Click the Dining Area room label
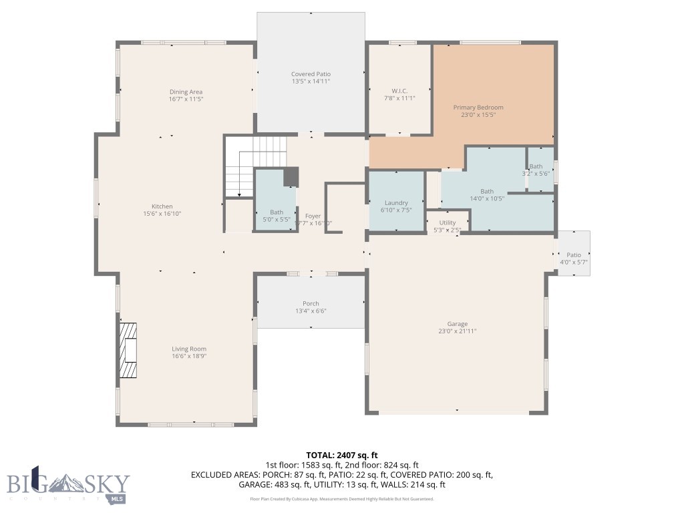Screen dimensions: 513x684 (x=186, y=92)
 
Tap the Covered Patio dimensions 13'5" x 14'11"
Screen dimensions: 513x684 (x=311, y=81)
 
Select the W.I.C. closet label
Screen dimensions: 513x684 (x=399, y=91)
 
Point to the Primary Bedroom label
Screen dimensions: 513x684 (x=478, y=107)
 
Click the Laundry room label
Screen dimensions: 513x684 (x=396, y=203)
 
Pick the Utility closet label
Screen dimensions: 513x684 (x=448, y=222)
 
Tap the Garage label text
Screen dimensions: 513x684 (x=458, y=324)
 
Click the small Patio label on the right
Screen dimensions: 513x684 (x=574, y=254)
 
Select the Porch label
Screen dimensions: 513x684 (x=311, y=303)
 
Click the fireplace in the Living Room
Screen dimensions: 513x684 (x=128, y=351)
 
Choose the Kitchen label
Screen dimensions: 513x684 (x=162, y=206)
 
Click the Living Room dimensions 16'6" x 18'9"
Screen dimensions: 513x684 (x=189, y=356)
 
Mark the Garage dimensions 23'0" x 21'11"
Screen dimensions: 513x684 (x=458, y=331)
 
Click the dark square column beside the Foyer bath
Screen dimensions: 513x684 (x=291, y=178)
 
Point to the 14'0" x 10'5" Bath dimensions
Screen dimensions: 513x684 (x=487, y=198)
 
